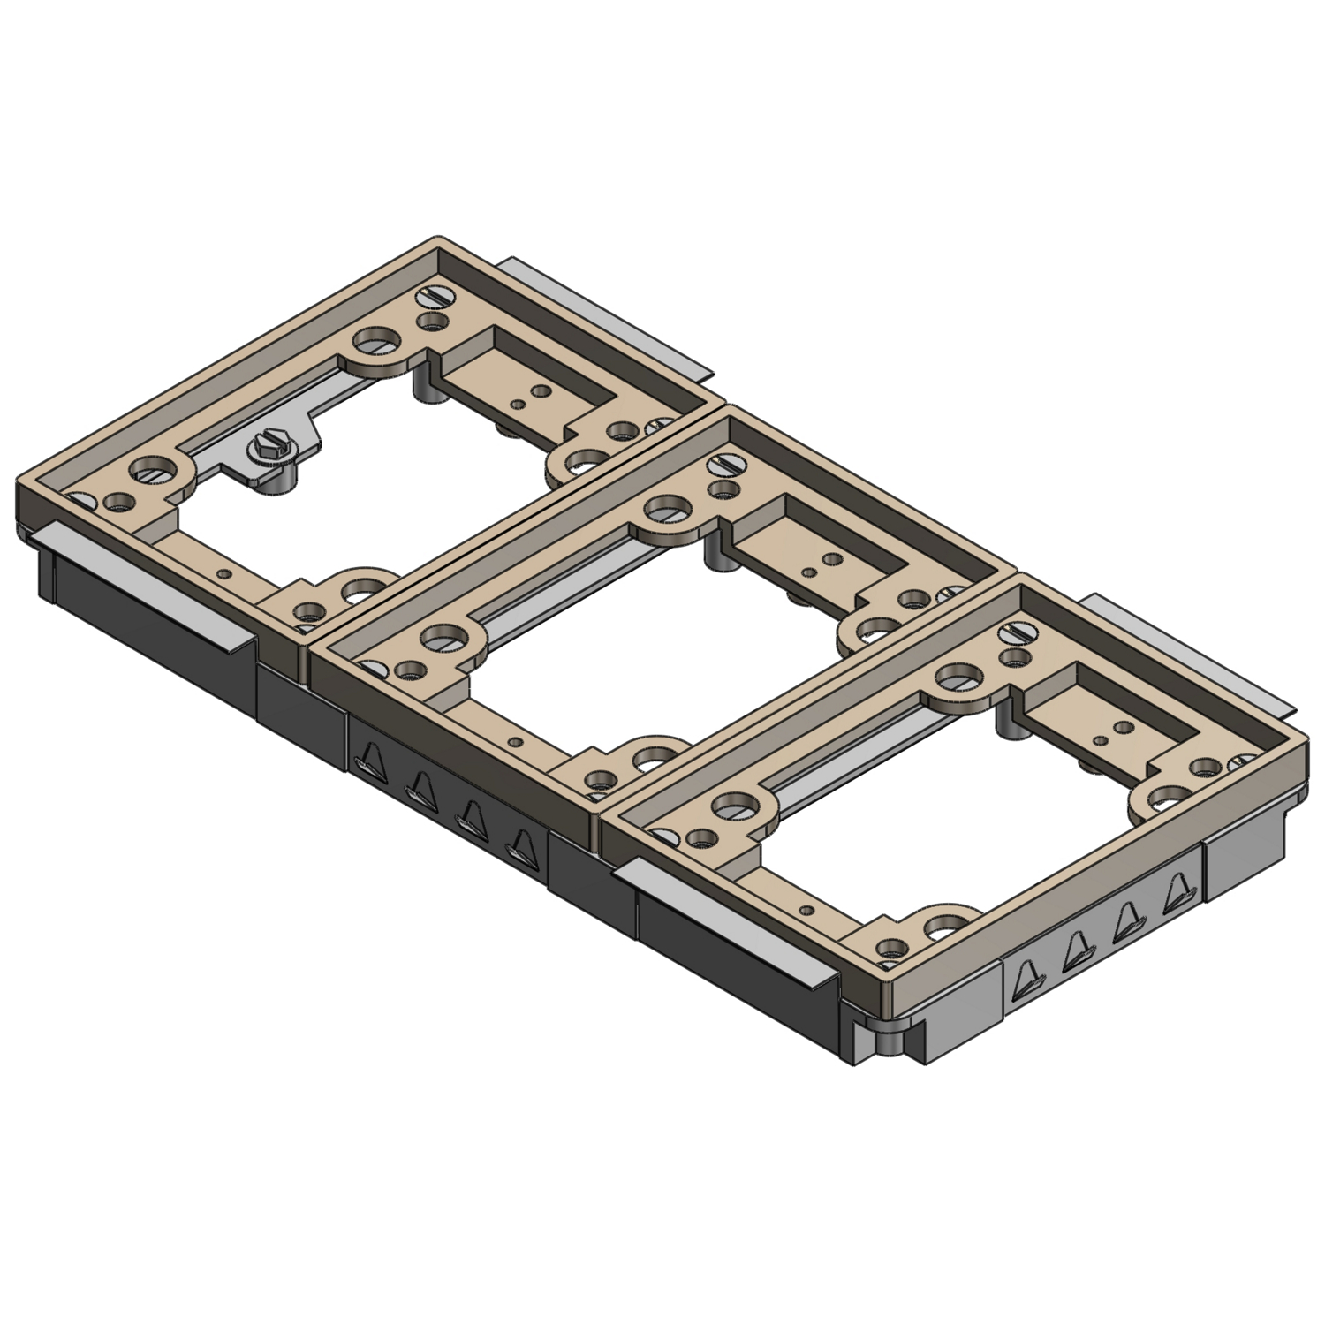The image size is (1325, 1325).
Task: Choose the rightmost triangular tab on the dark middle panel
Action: pos(521,845)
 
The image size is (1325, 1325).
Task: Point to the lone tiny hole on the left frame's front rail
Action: pos(228,573)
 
